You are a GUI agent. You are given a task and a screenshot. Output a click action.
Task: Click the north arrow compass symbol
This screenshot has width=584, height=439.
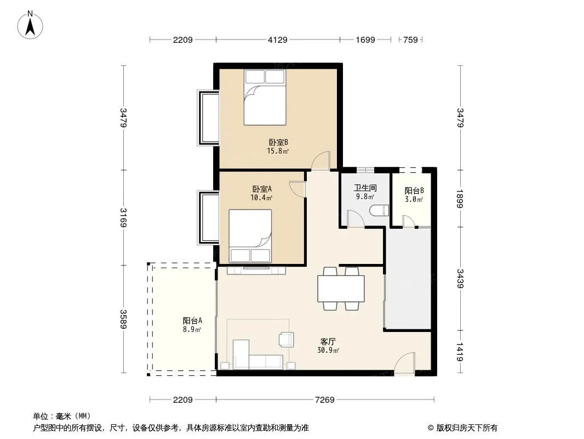[30, 25]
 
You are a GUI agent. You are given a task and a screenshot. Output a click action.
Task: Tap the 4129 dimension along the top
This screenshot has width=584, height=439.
[277, 40]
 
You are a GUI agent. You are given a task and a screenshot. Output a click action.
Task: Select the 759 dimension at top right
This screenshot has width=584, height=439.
[410, 40]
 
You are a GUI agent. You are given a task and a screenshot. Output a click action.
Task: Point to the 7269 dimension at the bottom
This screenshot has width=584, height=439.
[324, 400]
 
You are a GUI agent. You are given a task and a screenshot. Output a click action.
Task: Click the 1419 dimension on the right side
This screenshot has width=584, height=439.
[460, 352]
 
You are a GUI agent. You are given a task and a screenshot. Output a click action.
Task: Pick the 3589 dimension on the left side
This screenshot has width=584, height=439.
[123, 319]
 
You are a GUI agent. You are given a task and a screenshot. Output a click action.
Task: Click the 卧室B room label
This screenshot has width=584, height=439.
[278, 142]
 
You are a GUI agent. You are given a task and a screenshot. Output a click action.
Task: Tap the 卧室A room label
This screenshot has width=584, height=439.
[262, 189]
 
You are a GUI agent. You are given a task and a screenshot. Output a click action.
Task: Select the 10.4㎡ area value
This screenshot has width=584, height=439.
[261, 198]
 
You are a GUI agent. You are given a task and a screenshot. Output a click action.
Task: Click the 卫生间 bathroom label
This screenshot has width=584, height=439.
[365, 188]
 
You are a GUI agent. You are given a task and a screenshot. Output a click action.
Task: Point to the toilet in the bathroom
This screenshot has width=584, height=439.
[379, 211]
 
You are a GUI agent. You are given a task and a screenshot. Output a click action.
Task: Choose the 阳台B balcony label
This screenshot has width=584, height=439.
[414, 190]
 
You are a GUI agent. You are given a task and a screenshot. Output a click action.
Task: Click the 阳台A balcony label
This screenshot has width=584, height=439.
[192, 320]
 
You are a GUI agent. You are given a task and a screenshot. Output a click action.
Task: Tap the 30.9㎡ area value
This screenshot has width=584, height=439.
[328, 350]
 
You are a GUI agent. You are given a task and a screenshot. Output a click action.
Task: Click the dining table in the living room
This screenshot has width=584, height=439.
[341, 288]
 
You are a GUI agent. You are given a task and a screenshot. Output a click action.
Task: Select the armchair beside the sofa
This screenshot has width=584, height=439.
[286, 340]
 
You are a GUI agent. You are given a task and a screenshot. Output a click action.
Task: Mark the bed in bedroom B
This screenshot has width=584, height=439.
[265, 97]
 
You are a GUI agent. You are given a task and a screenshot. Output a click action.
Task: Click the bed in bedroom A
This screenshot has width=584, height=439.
[250, 236]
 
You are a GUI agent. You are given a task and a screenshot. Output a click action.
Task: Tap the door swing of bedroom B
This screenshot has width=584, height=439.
[321, 161]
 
